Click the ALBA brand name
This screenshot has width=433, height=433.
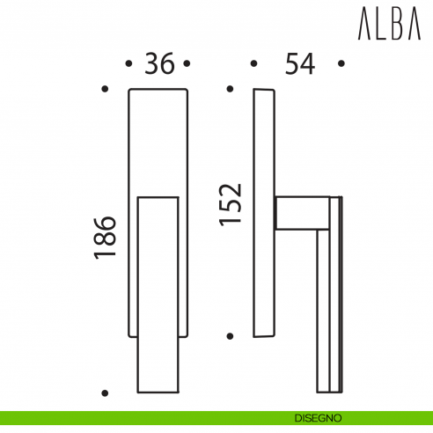click(391, 26)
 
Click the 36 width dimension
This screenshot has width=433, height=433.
click(158, 64)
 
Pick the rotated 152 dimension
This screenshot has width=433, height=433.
click(231, 203)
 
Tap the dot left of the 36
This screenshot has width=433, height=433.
click(129, 64)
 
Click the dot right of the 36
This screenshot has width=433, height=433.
click(188, 64)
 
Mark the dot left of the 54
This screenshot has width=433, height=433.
click(253, 64)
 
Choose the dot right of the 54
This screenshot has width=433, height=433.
click(342, 64)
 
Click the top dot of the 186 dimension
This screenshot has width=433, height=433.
click(105, 89)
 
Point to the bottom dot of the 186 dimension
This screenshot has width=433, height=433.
click(105, 393)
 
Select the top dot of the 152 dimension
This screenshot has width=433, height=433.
click(230, 89)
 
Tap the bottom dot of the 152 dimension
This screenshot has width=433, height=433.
click(230, 335)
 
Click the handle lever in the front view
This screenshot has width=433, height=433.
click(158, 295)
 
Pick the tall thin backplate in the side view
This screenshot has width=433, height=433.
click(263, 211)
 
